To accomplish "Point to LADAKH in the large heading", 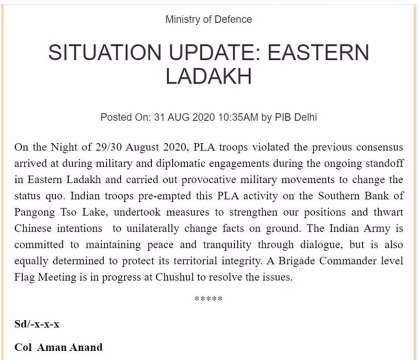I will [208, 77].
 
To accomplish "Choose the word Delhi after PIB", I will [303, 117].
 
